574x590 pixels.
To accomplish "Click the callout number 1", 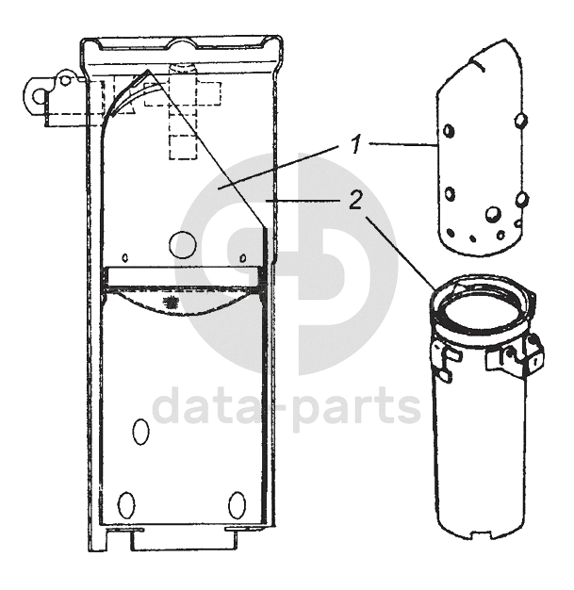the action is click(x=355, y=145).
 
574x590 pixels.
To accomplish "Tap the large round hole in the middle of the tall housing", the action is click(x=183, y=245).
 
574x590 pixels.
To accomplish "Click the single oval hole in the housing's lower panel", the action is click(x=140, y=432).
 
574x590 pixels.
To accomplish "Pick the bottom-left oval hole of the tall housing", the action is click(x=126, y=504).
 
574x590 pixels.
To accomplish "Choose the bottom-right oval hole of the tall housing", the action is click(x=238, y=504).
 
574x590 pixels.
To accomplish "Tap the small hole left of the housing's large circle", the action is click(x=125, y=258).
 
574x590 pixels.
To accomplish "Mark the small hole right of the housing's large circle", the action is click(x=243, y=258).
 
